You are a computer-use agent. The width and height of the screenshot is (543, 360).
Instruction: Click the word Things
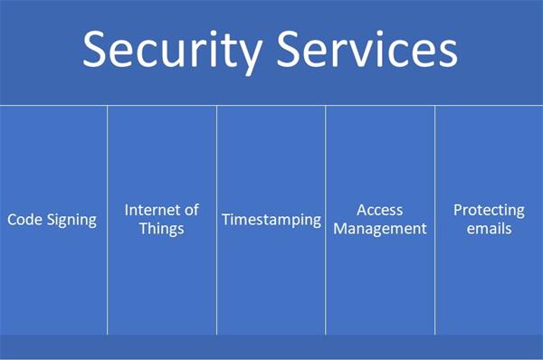click(x=162, y=228)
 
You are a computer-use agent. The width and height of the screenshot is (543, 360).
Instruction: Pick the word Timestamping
click(x=271, y=220)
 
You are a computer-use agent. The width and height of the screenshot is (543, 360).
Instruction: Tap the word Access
click(x=379, y=210)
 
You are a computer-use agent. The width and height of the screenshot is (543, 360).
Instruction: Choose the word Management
click(x=379, y=228)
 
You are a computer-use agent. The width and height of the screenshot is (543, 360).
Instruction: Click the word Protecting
click(x=489, y=210)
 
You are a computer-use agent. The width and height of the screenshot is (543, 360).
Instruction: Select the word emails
click(x=489, y=228)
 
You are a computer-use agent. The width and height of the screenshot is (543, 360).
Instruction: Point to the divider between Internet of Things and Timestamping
click(x=216, y=271)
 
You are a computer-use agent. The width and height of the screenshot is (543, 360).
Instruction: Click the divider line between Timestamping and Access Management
click(x=326, y=271)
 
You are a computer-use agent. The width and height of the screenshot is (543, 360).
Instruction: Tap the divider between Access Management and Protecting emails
click(x=434, y=271)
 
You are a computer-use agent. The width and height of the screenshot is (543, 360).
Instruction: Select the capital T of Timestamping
click(x=226, y=220)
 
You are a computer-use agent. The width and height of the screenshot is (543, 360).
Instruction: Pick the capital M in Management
click(x=340, y=228)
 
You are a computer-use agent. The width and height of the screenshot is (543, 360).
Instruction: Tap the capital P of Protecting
click(x=458, y=210)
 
